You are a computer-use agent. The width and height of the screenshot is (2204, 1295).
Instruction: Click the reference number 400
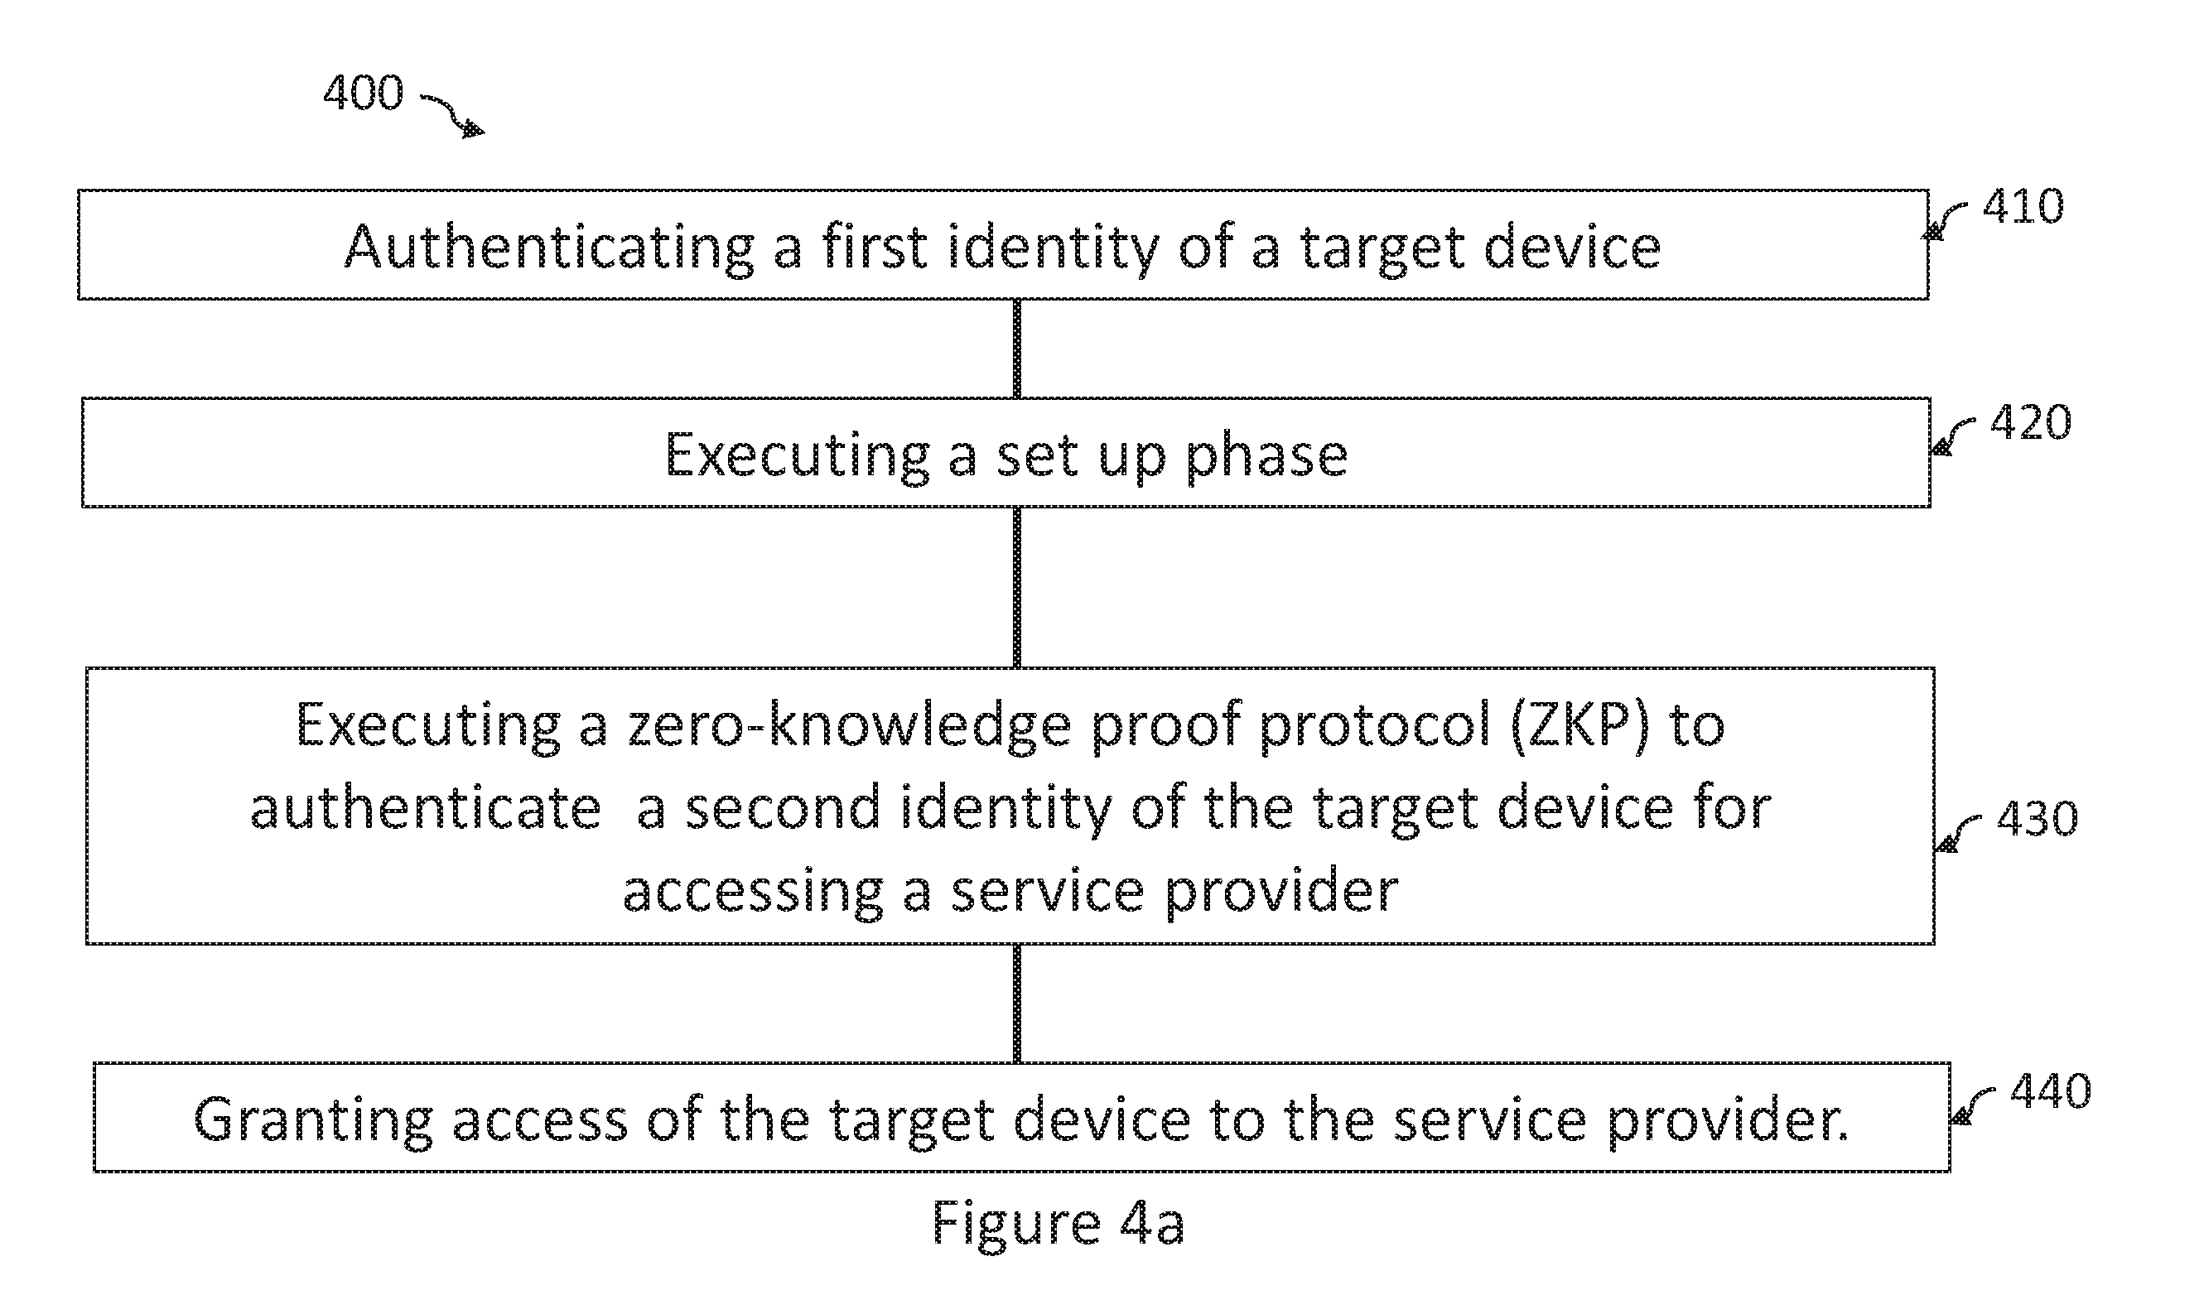363,92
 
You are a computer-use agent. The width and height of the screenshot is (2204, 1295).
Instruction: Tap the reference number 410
2023,206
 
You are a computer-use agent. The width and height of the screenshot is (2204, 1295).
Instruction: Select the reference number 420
2031,422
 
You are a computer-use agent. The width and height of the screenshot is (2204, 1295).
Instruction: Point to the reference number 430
2037,818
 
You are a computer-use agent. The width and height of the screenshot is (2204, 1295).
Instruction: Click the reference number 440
2050,1091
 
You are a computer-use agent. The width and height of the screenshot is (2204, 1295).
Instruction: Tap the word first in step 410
874,247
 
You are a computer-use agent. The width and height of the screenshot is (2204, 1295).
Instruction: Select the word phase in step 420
1266,455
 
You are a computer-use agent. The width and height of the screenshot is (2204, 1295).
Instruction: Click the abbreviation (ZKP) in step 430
1579,725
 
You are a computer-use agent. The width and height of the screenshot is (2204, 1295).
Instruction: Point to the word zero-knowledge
849,725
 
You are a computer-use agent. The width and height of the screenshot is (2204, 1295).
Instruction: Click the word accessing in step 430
753,893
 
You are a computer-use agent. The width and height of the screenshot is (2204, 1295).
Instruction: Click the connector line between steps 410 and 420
1016,349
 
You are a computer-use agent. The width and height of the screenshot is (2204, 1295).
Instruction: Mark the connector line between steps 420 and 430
1016,588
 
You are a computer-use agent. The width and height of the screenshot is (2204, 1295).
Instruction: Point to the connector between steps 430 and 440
1016,1004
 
